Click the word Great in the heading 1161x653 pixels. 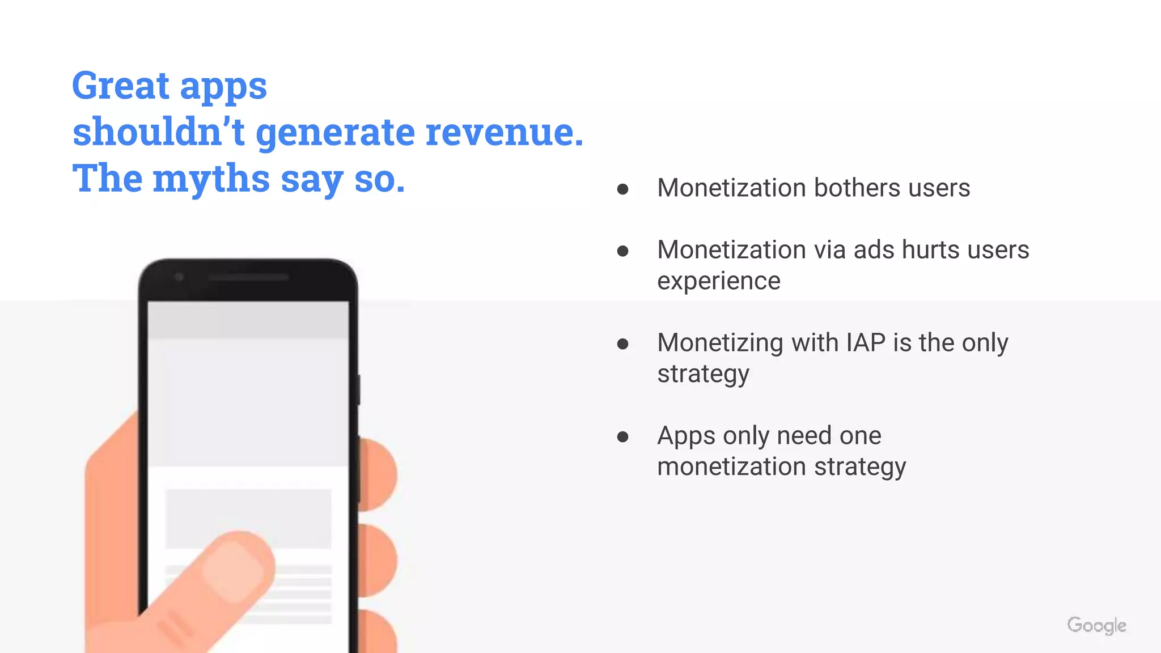point(121,86)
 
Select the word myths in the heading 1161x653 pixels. point(211,179)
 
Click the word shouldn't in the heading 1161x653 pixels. point(158,132)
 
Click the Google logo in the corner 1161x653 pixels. point(1096,626)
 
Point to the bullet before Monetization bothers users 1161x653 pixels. point(622,189)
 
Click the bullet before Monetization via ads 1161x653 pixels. point(622,251)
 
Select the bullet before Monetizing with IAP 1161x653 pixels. point(622,344)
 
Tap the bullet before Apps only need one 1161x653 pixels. point(622,436)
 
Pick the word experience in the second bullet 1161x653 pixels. point(719,281)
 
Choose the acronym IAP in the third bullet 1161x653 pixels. point(866,343)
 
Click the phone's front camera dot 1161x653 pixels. point(179,277)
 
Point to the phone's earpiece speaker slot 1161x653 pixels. point(248,278)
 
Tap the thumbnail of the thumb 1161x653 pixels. point(232,570)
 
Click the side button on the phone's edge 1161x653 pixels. point(359,389)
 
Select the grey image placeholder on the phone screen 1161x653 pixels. point(248,519)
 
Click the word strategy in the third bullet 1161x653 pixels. point(703,374)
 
